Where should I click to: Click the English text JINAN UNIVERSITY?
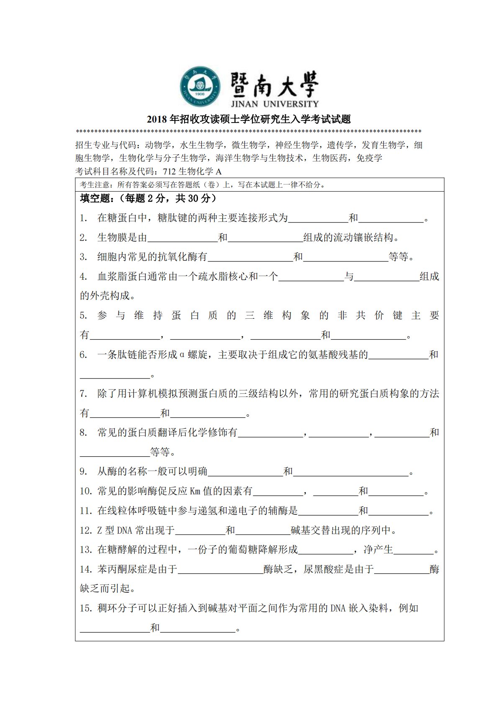(275, 104)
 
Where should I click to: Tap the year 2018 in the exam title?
(157, 120)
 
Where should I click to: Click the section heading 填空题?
(95, 198)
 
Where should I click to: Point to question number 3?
(83, 257)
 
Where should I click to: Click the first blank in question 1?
(318, 218)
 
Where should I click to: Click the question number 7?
(83, 394)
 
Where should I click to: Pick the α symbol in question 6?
(182, 355)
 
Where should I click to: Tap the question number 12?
(86, 530)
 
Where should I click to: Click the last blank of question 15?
(198, 628)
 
